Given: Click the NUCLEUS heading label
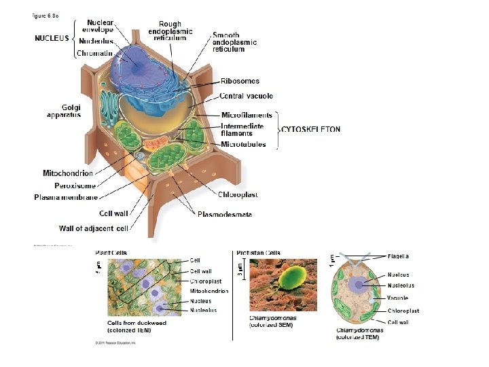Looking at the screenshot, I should (52, 38).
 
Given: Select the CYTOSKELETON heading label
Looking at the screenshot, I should (311, 129).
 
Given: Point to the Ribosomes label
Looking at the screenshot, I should (240, 81).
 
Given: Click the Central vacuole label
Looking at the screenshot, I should (246, 96).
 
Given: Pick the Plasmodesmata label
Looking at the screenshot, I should (224, 215).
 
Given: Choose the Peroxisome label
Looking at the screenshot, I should (75, 185).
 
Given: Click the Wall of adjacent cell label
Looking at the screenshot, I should (94, 228).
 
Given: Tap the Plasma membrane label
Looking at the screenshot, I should (66, 197).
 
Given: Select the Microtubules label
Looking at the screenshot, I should (243, 144).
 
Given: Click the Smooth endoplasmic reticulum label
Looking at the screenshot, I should (234, 42).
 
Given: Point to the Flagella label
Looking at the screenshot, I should (398, 256).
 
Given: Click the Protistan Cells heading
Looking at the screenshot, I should (258, 253).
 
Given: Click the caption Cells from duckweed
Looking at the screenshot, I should (137, 323).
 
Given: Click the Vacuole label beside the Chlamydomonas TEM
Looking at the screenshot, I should (397, 298).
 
